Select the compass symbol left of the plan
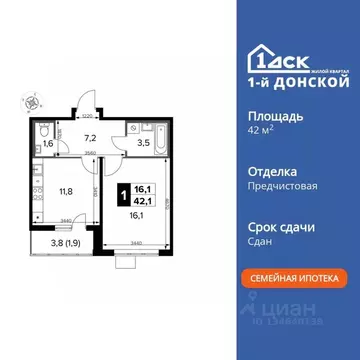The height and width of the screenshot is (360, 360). coord(34,99)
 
